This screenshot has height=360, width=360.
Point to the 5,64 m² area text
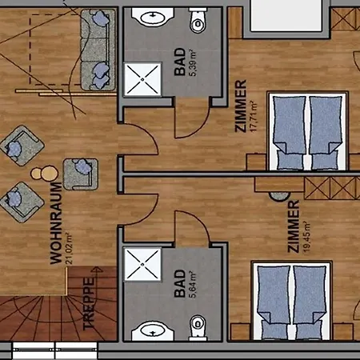pyautogui.click(x=193, y=283)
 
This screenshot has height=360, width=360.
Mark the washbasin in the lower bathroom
pyautogui.click(x=147, y=330)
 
